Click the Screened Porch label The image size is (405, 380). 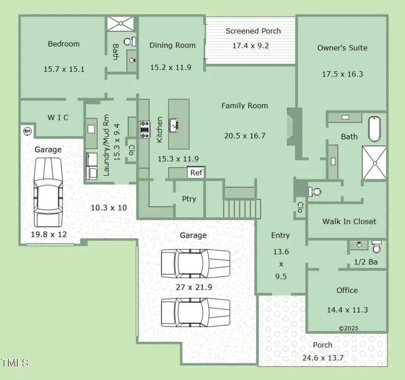(253, 31)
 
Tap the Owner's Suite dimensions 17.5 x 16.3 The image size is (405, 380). (342, 74)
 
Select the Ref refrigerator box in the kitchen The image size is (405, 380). (196, 172)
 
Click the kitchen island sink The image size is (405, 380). (175, 125)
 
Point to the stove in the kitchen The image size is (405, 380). (145, 129)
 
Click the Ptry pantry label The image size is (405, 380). (189, 199)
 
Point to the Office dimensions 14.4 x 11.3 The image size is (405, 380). (347, 310)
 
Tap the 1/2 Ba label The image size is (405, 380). (366, 262)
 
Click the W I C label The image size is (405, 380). (58, 117)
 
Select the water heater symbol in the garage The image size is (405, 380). (27, 131)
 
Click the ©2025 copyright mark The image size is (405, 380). (349, 328)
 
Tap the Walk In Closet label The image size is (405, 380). (349, 221)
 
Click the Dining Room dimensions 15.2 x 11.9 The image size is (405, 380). (170, 67)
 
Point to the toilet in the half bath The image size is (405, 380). (377, 245)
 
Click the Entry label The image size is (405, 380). (280, 236)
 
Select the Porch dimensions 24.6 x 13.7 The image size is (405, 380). (322, 358)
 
